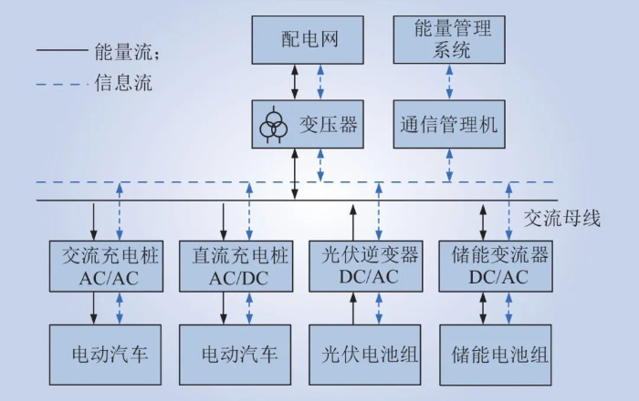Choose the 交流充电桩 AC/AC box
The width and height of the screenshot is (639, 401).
point(106,265)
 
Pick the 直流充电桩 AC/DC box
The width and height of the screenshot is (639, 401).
point(236,265)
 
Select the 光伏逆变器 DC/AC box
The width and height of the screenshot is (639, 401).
point(364,265)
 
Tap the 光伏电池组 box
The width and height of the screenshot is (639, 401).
point(364,353)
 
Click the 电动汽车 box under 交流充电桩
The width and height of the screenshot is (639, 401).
point(106,353)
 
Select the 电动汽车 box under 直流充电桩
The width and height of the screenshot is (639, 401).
point(236,353)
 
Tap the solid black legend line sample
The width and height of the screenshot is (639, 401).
point(60,52)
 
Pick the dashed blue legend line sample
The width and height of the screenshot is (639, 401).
point(60,86)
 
